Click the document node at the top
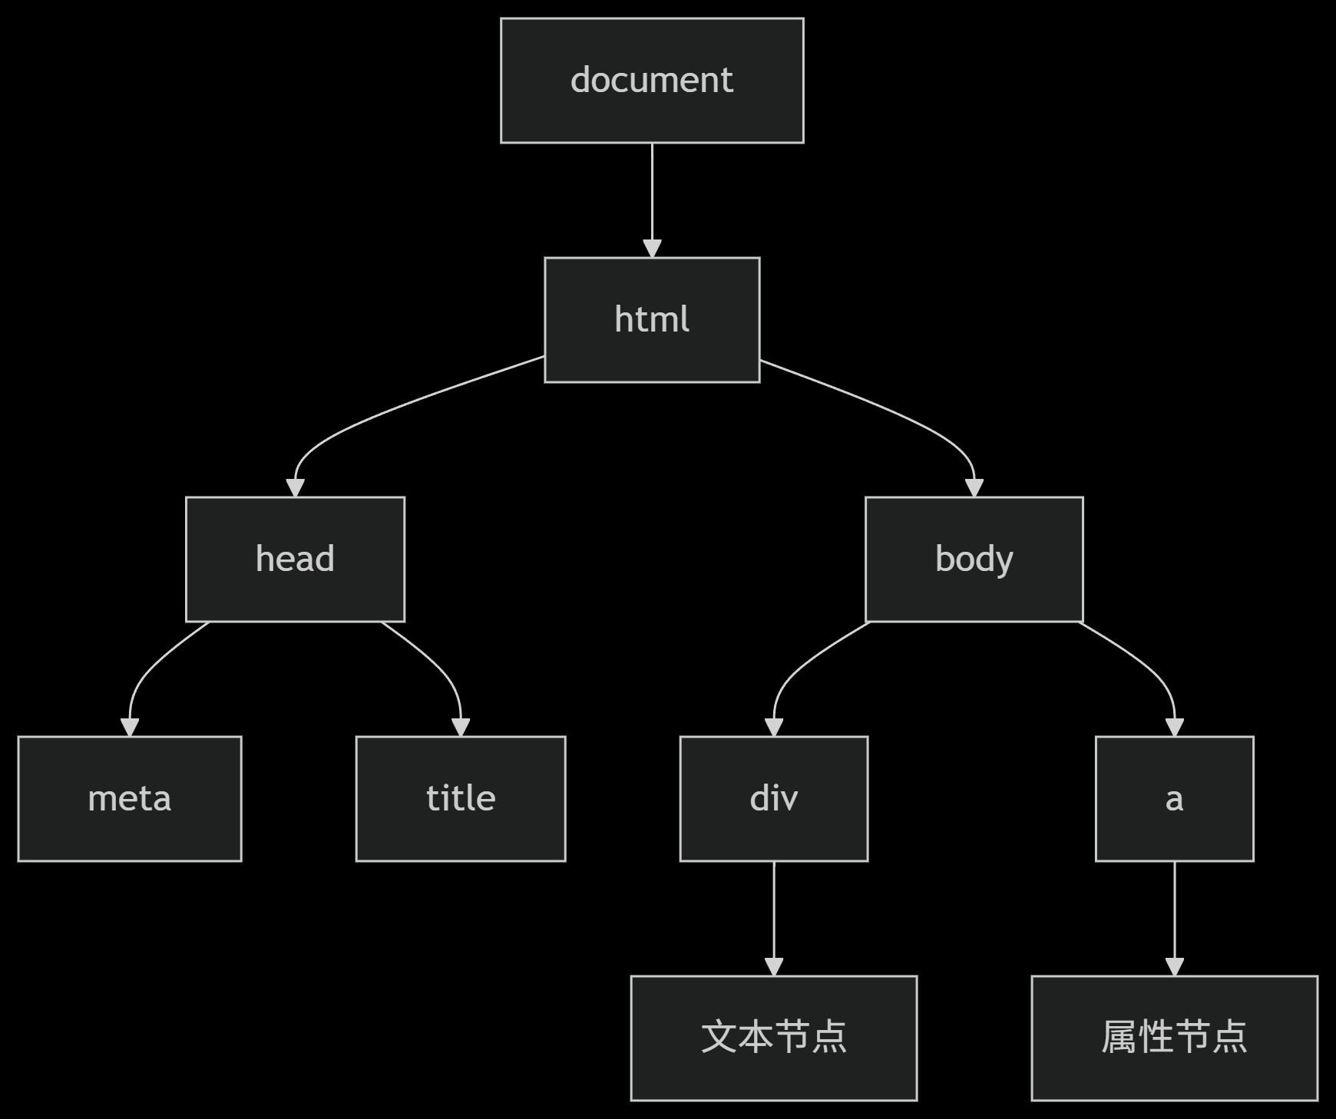click(x=652, y=81)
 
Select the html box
click(x=652, y=319)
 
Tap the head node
click(x=295, y=559)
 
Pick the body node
click(x=974, y=559)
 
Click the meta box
click(x=130, y=798)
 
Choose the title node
click(x=461, y=798)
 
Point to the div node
click(x=774, y=798)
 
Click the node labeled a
click(x=1174, y=798)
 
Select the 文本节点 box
click(x=774, y=1038)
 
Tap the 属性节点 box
click(x=1174, y=1038)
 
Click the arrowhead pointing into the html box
click(x=652, y=249)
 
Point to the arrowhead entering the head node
click(x=295, y=488)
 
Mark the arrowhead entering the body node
click(x=974, y=488)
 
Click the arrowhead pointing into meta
click(x=130, y=728)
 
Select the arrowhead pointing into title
click(x=461, y=728)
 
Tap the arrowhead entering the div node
click(x=774, y=728)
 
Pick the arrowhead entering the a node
click(x=1174, y=728)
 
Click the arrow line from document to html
click(x=652, y=192)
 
